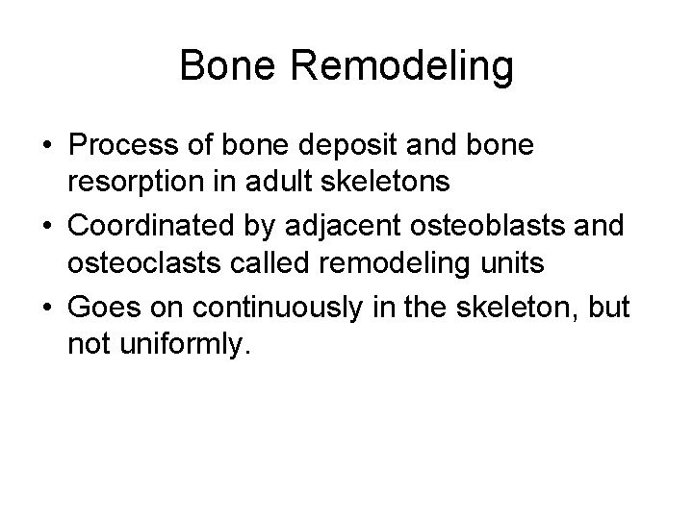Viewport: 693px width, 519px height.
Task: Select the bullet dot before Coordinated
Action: pos(47,225)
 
